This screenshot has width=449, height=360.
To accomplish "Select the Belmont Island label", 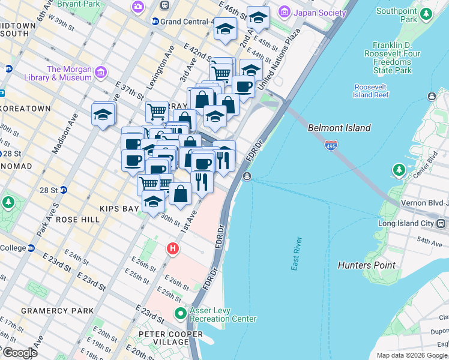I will (x=339, y=128).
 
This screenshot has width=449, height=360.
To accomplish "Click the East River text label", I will (x=296, y=253).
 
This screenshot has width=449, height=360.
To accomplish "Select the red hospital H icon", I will (x=173, y=248).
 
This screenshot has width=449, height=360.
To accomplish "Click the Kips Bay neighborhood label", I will (x=119, y=208).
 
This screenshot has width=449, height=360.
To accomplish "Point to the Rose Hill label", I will (x=77, y=220).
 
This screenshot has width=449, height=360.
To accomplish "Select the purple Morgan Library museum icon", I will (x=100, y=73).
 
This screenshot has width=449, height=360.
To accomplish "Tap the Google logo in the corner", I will (x=19, y=353).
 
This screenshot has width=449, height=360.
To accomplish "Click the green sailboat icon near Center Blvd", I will (x=399, y=171).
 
